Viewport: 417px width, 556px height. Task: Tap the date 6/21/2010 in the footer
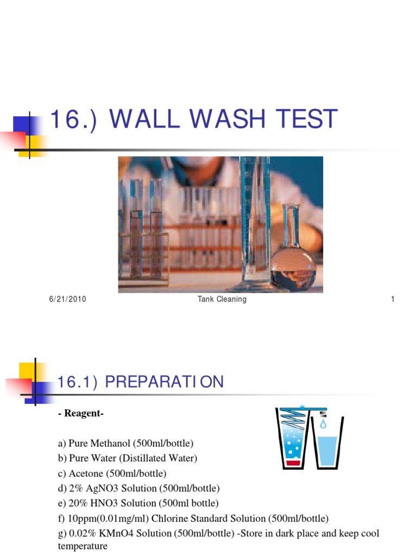(x=67, y=299)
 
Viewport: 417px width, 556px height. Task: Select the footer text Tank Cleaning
(x=222, y=299)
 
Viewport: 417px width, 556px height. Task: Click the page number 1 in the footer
(x=392, y=299)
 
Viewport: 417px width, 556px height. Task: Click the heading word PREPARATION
(x=164, y=382)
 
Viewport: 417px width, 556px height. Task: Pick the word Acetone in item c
(x=82, y=473)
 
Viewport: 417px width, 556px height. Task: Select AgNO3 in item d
(x=101, y=488)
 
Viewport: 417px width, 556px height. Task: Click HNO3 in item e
(x=105, y=503)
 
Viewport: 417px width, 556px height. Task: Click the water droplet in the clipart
(x=324, y=424)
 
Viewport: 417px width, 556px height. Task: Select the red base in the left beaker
(x=294, y=463)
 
